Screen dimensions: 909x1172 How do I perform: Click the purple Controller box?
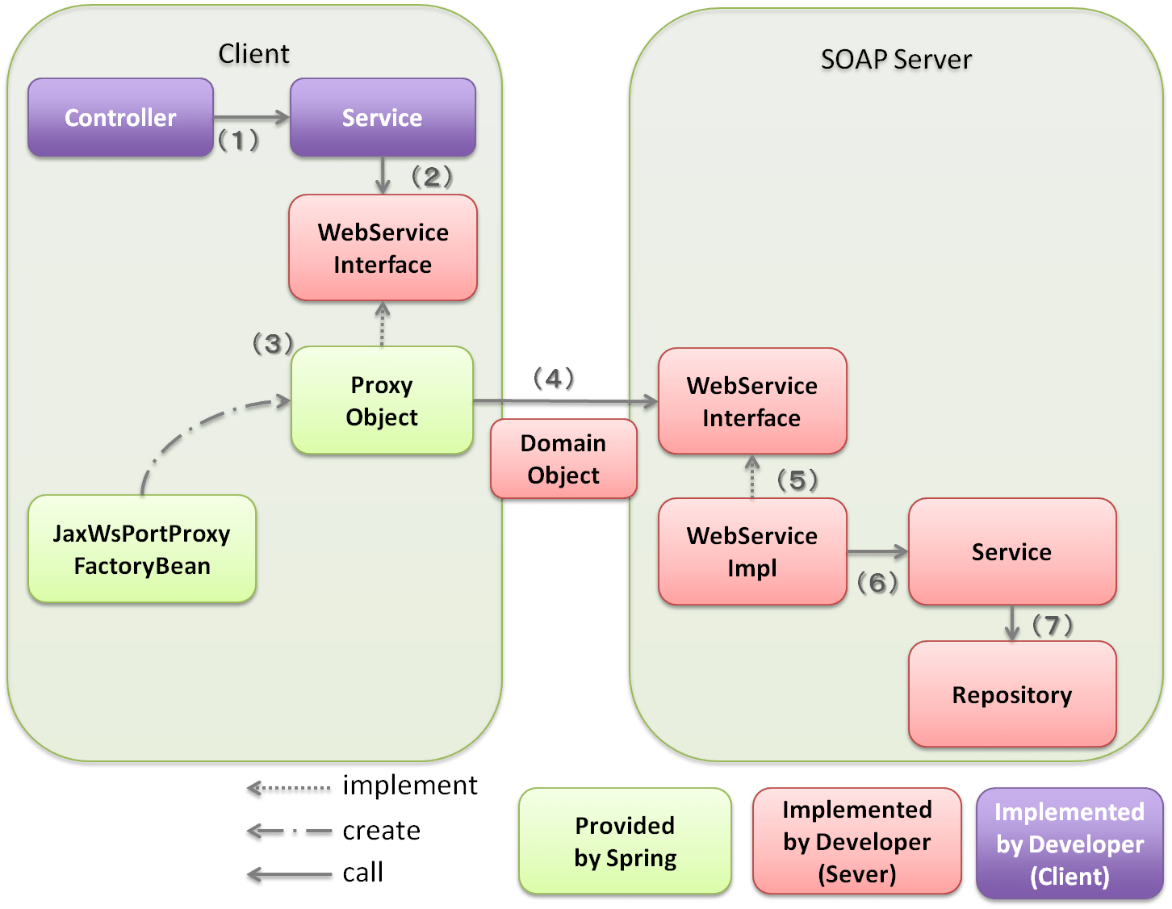(120, 118)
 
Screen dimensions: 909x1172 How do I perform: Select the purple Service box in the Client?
(383, 118)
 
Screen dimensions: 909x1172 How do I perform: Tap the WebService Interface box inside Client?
(383, 248)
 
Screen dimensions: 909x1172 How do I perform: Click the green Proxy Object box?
(382, 400)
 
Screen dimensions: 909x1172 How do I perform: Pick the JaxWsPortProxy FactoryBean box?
(142, 549)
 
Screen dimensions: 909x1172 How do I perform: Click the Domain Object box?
(563, 459)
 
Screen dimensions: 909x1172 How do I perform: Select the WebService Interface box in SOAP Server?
(752, 401)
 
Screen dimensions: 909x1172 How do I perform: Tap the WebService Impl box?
(752, 551)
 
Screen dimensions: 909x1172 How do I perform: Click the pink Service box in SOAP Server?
(1012, 551)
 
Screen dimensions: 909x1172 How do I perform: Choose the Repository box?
(1012, 694)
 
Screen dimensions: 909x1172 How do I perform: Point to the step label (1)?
(239, 141)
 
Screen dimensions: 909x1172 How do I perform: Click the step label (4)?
(554, 378)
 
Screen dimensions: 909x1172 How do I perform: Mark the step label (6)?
(878, 582)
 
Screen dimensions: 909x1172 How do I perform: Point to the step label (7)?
(1053, 625)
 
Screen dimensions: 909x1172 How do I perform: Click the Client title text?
(253, 53)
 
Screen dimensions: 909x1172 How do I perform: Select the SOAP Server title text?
(896, 60)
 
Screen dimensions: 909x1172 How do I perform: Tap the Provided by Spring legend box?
(625, 841)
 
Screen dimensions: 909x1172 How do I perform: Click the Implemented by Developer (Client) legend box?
(1069, 844)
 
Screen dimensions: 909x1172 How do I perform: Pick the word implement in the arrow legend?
(410, 785)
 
